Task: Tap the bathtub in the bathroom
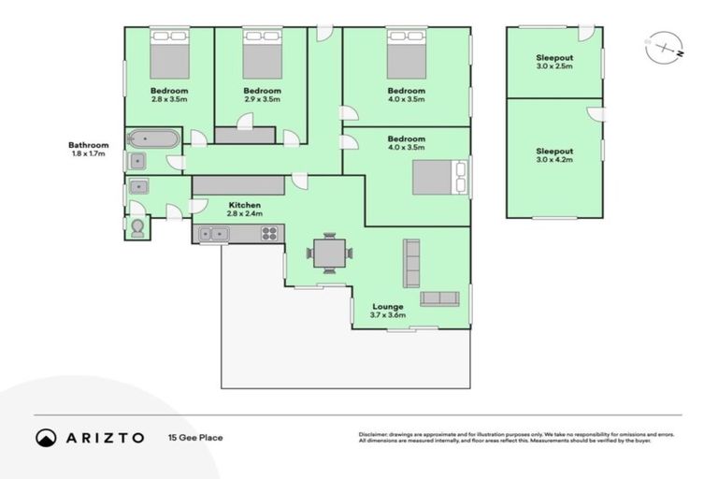[x=151, y=140]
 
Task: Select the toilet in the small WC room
[x=137, y=227]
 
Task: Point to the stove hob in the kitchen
[x=269, y=234]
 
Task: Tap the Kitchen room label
[x=245, y=205]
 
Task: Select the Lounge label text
[x=387, y=307]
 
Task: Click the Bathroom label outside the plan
[x=89, y=145]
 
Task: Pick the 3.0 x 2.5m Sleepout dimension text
[x=554, y=66]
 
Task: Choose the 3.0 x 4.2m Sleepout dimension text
[x=554, y=160]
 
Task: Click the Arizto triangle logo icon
[x=46, y=437]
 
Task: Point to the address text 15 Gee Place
[x=195, y=437]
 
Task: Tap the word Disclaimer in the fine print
[x=373, y=435]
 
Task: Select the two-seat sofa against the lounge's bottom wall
[x=439, y=298]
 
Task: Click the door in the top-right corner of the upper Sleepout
[x=585, y=34]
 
